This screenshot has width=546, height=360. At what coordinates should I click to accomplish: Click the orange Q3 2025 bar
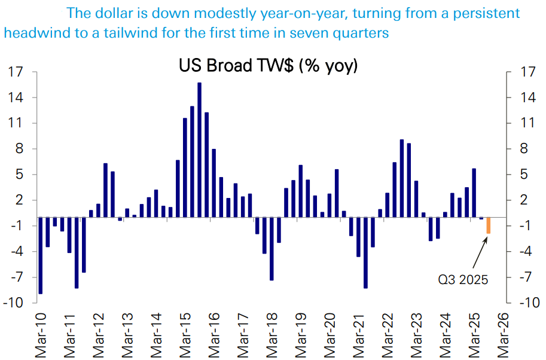coord(489,225)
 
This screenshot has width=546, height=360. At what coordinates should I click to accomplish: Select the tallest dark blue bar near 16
coord(199,150)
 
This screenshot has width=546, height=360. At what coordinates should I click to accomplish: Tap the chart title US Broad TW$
coord(268,65)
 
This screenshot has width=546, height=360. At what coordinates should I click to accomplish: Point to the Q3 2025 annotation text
coord(462,279)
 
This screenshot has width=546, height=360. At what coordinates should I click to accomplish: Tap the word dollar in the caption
coord(110,13)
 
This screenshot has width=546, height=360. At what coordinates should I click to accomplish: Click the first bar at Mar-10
coord(41,255)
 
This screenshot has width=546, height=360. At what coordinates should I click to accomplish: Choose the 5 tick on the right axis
coord(518,175)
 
